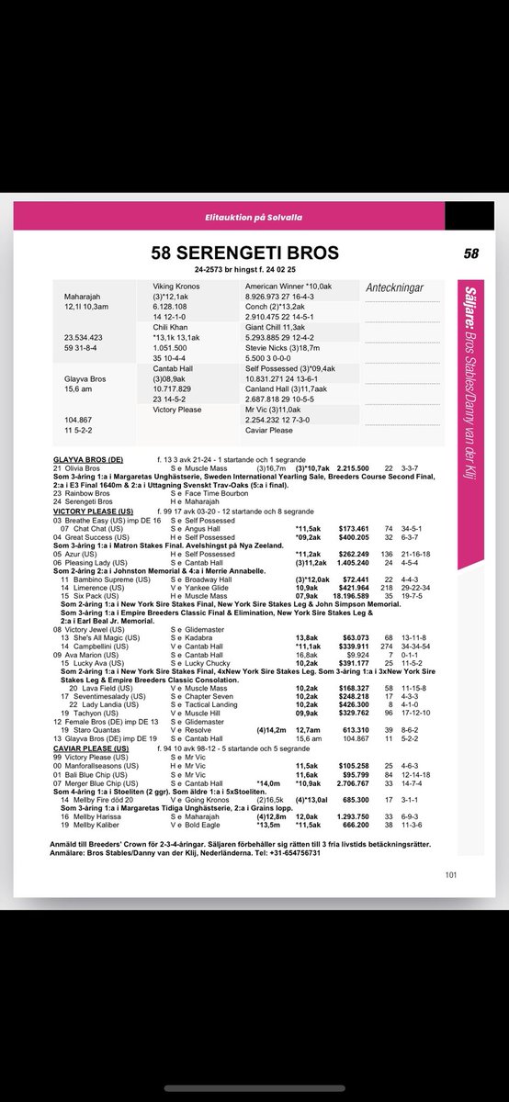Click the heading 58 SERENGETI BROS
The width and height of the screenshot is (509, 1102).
(244, 253)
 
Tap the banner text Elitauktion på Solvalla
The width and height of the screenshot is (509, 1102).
(254, 218)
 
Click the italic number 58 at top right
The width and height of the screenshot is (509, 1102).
(471, 253)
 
